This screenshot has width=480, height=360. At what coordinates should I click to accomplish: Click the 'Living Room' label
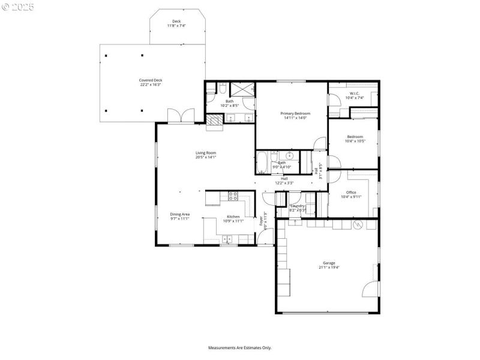coord(205,153)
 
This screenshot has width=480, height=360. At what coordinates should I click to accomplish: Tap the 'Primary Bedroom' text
coord(295,113)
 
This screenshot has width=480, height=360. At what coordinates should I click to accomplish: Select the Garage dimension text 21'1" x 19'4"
coord(329,268)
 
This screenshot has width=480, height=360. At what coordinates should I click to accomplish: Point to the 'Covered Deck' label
coord(151,80)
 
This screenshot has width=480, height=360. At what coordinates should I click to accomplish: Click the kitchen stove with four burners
coord(233,196)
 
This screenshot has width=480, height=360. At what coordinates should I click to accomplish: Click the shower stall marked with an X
coord(243,90)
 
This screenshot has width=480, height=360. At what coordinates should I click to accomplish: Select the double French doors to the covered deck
coord(181,116)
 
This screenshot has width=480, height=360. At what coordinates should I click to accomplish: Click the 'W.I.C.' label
coord(354,94)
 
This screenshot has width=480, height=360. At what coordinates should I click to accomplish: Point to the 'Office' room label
coord(351,193)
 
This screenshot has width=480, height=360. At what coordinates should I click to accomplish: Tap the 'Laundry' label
coord(298,206)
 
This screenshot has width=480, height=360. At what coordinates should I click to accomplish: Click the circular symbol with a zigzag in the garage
coord(358,224)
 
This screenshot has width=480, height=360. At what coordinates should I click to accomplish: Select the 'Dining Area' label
coord(179,215)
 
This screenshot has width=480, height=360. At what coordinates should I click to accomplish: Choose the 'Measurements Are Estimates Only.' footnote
coord(240,347)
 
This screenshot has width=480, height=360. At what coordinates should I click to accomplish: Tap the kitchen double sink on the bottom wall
coord(229,239)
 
